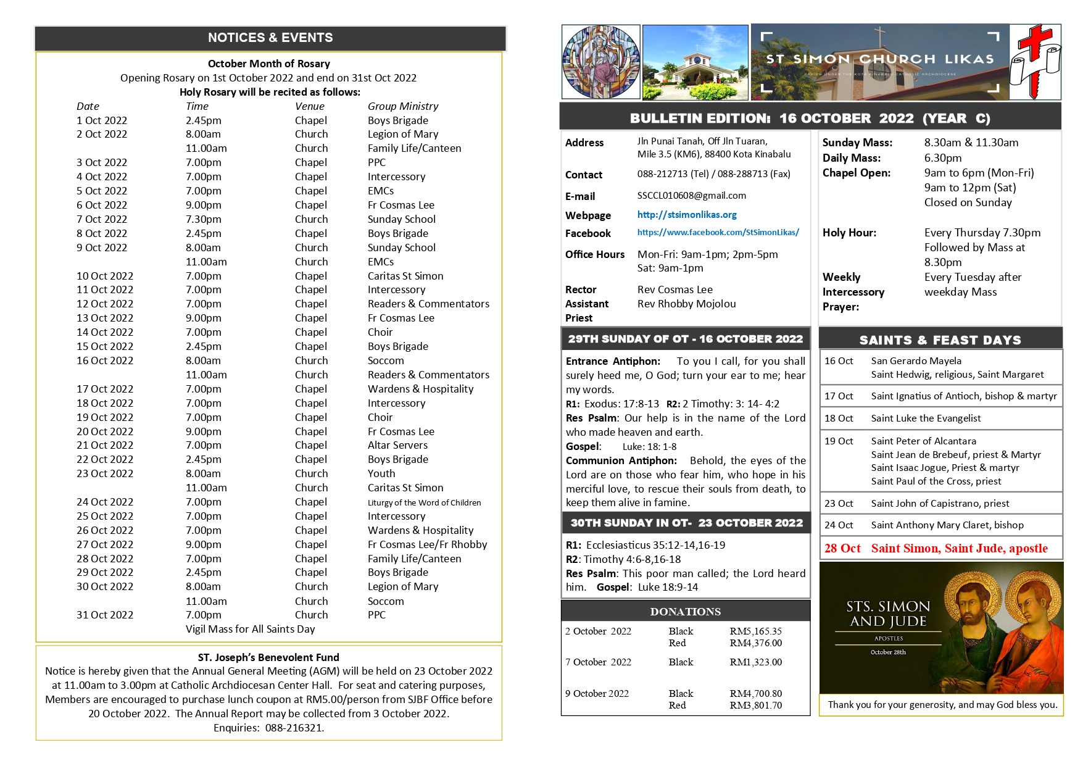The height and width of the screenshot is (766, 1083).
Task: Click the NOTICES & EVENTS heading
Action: point(270,38)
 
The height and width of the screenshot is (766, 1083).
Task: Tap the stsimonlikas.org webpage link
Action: point(687,215)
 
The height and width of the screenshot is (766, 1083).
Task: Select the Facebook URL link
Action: point(718,233)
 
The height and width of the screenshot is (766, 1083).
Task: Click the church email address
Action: point(691,196)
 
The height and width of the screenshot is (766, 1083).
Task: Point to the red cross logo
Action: point(1035,62)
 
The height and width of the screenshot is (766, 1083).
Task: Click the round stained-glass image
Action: point(600,62)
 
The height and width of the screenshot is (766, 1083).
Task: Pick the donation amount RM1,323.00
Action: point(755,662)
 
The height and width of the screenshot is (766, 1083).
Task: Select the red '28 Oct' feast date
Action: point(842,548)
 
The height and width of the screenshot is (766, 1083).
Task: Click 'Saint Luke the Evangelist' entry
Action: point(926,418)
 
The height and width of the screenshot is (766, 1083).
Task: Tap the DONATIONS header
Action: point(685,612)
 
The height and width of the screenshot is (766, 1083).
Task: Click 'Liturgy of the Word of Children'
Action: point(424,503)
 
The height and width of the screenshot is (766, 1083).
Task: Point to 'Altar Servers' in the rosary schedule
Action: point(397,445)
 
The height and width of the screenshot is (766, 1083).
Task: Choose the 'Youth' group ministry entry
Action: point(381,473)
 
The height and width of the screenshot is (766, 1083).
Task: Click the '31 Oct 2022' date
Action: point(105,615)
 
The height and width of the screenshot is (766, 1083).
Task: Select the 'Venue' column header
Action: point(309,106)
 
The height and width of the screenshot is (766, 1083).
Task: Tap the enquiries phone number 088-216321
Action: point(294,728)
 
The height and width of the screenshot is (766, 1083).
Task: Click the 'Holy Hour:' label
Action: point(849,233)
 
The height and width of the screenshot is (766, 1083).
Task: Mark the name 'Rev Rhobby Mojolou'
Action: point(686,304)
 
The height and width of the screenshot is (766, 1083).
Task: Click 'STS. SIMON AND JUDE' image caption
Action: point(888,614)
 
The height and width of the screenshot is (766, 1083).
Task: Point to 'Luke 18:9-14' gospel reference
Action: point(668,587)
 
